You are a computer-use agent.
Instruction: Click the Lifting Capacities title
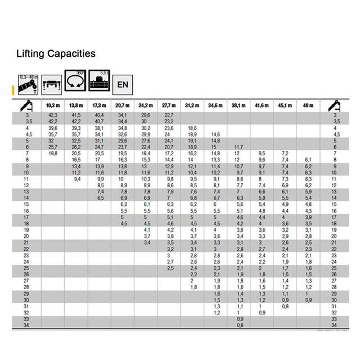[x=56, y=53]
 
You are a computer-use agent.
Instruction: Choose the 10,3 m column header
[x=52, y=106]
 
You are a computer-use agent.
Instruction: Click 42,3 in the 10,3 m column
[x=52, y=115]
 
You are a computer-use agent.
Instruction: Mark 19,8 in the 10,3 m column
[x=52, y=153]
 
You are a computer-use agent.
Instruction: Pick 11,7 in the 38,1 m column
[x=238, y=147]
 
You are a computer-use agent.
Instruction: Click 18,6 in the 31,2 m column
[x=192, y=128]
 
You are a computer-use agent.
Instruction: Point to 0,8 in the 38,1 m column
[x=240, y=325]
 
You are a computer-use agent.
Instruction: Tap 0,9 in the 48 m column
[x=308, y=300]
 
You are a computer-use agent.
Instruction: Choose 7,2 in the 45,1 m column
[x=285, y=153]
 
